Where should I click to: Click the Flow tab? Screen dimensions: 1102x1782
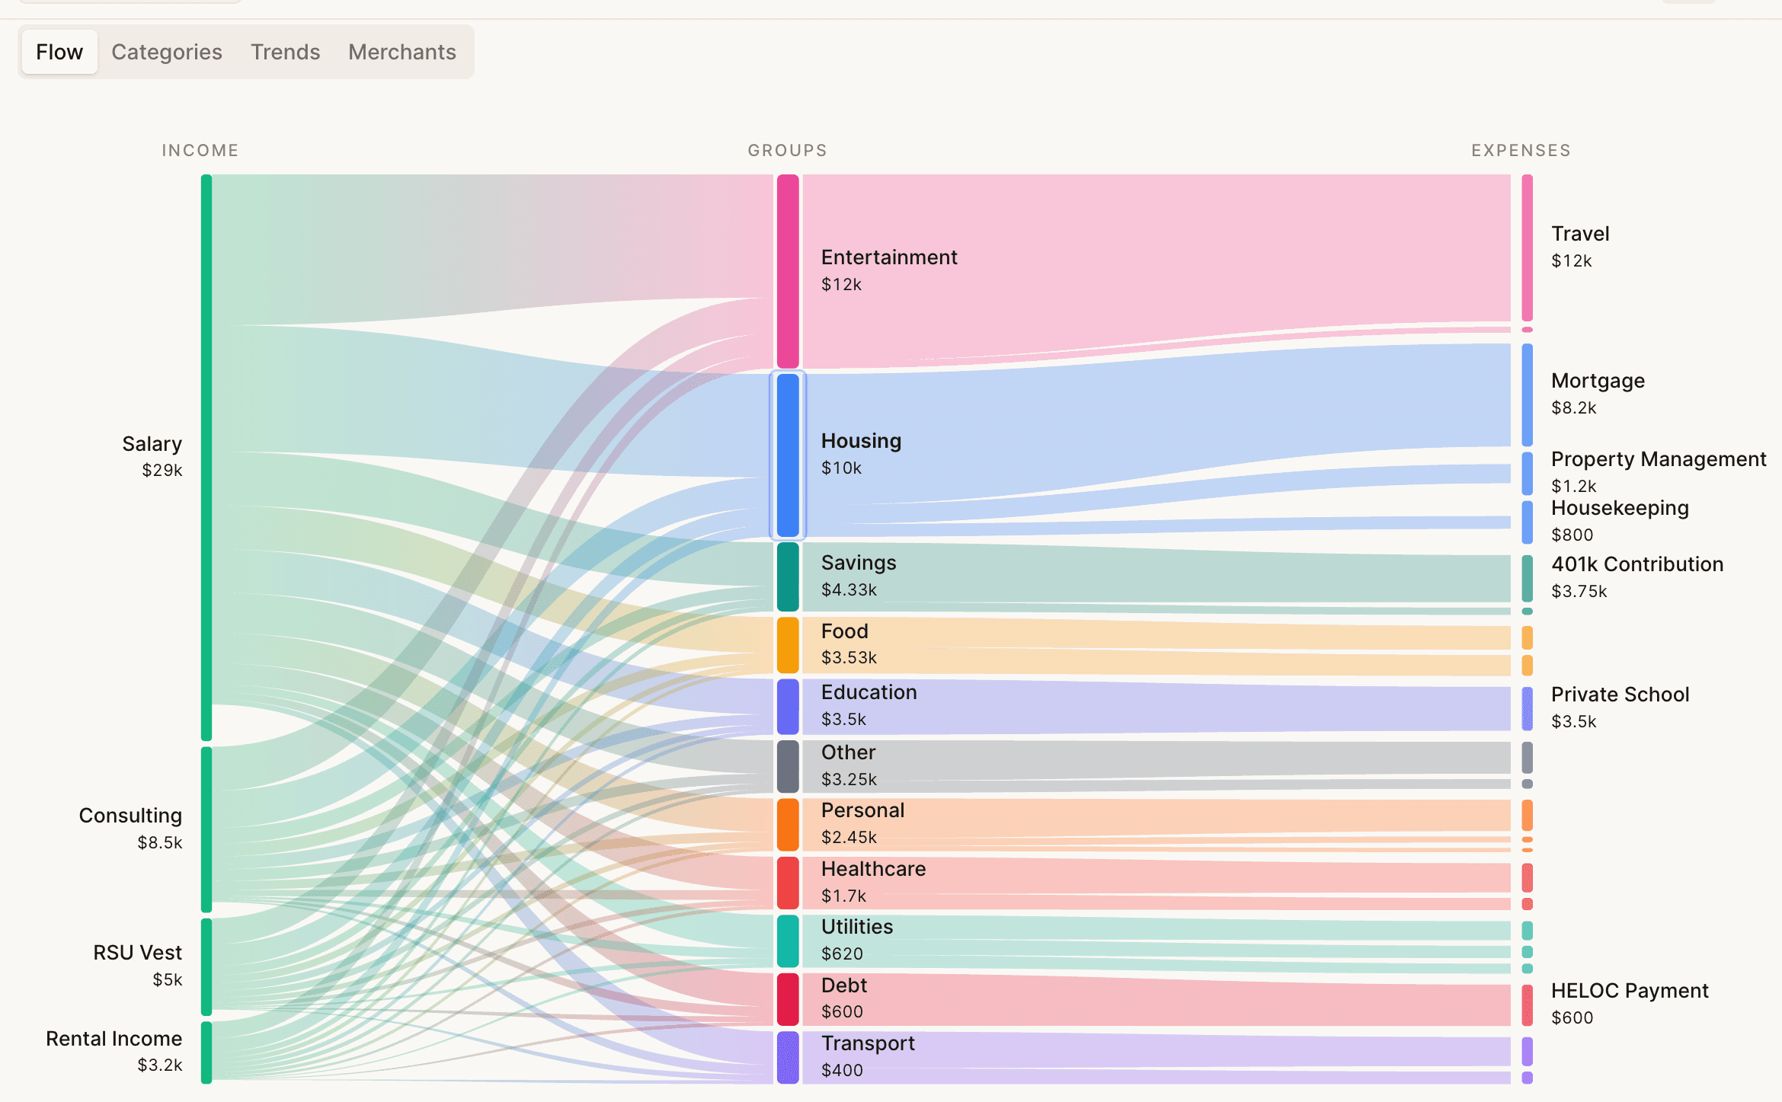coord(59,52)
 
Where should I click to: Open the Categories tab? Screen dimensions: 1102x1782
coord(167,52)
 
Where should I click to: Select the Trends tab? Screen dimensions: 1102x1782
coord(285,52)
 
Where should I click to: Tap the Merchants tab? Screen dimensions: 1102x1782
coord(402,52)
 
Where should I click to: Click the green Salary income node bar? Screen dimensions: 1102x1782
coord(206,457)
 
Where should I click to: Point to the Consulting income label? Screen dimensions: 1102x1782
coord(130,816)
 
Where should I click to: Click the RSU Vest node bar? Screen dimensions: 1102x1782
coord(206,966)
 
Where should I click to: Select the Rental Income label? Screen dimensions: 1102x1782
coord(114,1039)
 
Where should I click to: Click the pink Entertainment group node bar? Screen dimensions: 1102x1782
coord(788,271)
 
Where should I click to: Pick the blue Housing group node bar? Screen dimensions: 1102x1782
coord(788,455)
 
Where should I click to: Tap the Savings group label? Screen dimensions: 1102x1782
coord(859,563)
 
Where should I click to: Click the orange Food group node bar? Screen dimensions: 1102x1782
coord(788,645)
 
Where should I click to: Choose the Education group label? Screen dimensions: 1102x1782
coord(869,692)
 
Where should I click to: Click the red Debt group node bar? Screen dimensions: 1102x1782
coord(788,999)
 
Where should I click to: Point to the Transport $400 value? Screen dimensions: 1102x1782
coord(842,1070)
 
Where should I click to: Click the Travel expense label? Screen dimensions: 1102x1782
coord(1580,234)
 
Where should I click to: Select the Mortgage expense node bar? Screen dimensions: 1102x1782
coord(1527,394)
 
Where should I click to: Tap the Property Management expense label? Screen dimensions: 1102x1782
coord(1658,459)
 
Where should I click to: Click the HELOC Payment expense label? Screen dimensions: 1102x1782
coord(1629,991)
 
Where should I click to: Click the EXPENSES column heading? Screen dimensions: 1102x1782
coord(1521,150)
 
